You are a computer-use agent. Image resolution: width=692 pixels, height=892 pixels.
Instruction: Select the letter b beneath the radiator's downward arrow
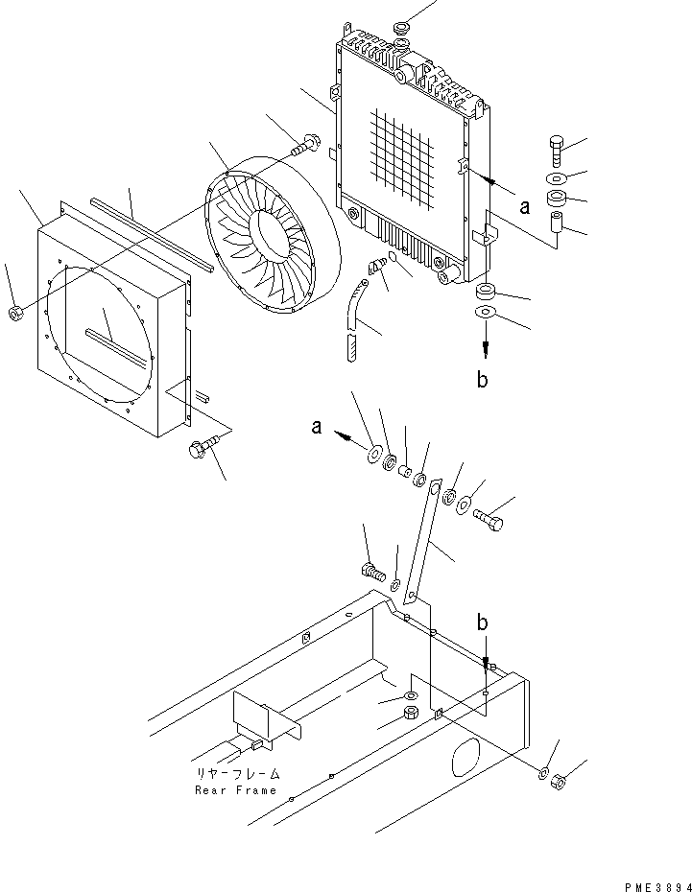483,379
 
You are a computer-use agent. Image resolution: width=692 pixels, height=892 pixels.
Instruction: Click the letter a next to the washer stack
316,429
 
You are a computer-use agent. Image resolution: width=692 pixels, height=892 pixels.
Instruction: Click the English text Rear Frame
235,790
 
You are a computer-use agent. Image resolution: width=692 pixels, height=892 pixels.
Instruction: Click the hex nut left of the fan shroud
16,314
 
